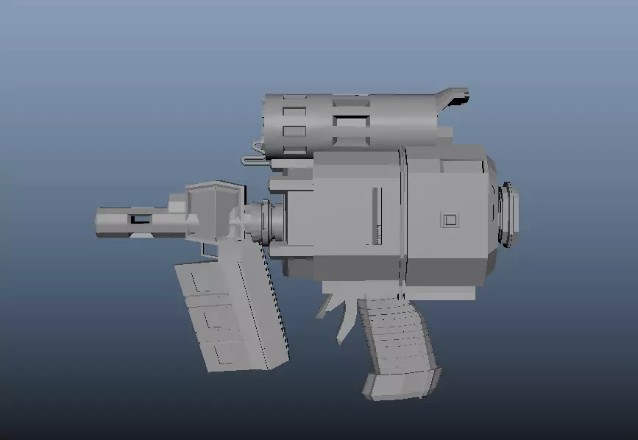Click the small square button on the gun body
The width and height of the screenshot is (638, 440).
pos(449,219)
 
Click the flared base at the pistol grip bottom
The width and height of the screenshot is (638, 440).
pos(401,384)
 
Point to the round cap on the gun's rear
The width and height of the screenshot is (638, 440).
pos(509,213)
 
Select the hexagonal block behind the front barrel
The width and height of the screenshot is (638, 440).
pos(213,210)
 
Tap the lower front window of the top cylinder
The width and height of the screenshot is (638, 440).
pos(294,132)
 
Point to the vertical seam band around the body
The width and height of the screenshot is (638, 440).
pos(403,213)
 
